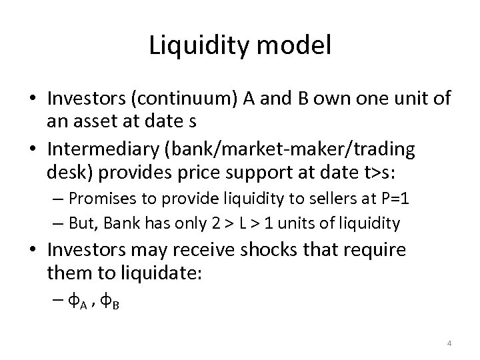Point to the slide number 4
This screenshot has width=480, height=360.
449,343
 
